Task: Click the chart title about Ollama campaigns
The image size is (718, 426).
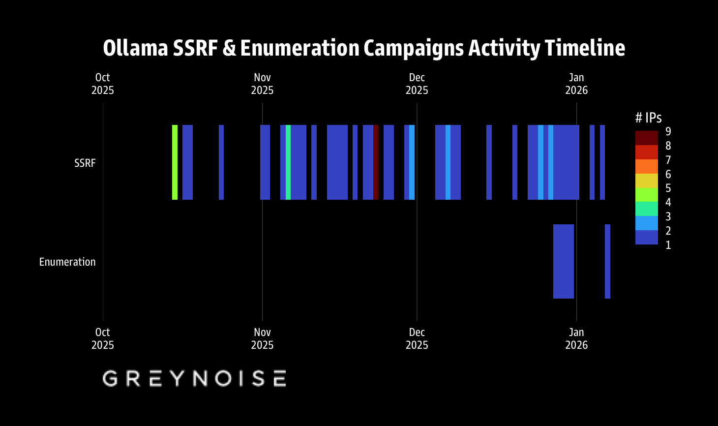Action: pyautogui.click(x=364, y=48)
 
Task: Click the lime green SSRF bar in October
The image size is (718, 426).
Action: pyautogui.click(x=175, y=162)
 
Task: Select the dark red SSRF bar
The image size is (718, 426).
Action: pyautogui.click(x=376, y=162)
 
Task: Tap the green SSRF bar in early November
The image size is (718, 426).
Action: pyautogui.click(x=288, y=162)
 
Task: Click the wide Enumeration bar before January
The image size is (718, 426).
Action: pyautogui.click(x=564, y=261)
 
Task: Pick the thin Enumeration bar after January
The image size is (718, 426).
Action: pyautogui.click(x=607, y=261)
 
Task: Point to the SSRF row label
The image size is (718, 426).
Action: pyautogui.click(x=85, y=163)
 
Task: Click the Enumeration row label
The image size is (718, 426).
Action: pyautogui.click(x=67, y=262)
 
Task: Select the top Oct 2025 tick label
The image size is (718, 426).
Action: pyautogui.click(x=102, y=84)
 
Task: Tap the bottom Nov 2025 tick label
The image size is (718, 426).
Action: pyautogui.click(x=262, y=338)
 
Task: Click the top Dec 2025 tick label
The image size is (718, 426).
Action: pyautogui.click(x=417, y=84)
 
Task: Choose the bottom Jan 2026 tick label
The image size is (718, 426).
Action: pyautogui.click(x=576, y=338)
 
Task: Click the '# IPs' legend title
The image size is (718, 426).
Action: pyautogui.click(x=648, y=118)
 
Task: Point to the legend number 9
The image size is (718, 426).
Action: pyautogui.click(x=668, y=131)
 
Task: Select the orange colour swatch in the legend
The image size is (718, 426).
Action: pyautogui.click(x=646, y=166)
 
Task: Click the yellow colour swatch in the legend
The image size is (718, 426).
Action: pyautogui.click(x=646, y=181)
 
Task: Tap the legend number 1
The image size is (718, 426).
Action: pyautogui.click(x=668, y=245)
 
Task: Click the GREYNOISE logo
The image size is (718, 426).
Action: pyautogui.click(x=194, y=378)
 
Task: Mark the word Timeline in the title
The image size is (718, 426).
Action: pyautogui.click(x=585, y=48)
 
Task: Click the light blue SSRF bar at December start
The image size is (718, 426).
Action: pyautogui.click(x=412, y=162)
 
